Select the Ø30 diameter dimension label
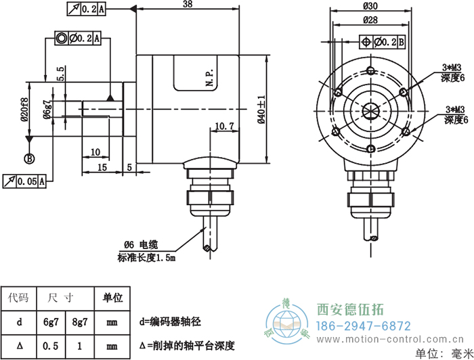click(x=370, y=6)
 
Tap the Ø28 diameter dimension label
click(x=370, y=20)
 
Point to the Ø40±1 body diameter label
click(x=261, y=109)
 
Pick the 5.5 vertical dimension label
click(x=60, y=74)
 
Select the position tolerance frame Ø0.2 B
click(x=382, y=43)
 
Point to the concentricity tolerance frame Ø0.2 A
click(x=78, y=39)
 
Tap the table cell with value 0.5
click(x=50, y=346)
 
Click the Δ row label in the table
click(x=18, y=346)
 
